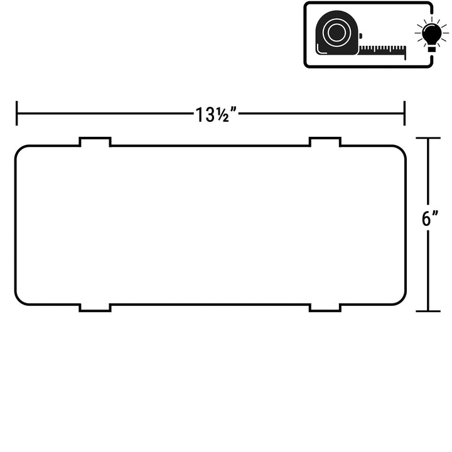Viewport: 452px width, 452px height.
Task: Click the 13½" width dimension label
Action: [216, 115]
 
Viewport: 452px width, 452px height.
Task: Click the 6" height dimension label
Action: [430, 218]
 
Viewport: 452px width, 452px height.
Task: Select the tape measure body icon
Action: [337, 33]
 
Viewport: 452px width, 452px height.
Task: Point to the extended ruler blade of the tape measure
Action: [382, 50]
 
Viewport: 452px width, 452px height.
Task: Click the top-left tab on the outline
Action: [95, 141]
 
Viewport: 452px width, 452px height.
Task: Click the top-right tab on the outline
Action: [325, 141]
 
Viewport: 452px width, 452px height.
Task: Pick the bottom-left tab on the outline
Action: [95, 308]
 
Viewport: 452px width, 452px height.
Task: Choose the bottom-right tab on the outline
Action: [325, 308]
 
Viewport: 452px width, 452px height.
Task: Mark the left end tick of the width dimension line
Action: [17, 113]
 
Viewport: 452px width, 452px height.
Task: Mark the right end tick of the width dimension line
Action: [404, 113]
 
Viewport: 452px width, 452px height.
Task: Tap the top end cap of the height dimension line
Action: [428, 138]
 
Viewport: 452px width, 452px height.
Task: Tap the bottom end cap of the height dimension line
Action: [428, 311]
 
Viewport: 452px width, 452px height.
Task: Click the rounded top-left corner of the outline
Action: [19, 149]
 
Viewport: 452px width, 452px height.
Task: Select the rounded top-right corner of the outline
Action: [402, 149]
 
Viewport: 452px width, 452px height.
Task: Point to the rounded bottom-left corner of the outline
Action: [19, 300]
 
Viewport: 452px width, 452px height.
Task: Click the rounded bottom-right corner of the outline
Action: [402, 300]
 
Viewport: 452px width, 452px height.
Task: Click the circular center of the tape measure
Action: [336, 32]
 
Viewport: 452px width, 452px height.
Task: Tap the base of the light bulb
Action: [431, 48]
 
